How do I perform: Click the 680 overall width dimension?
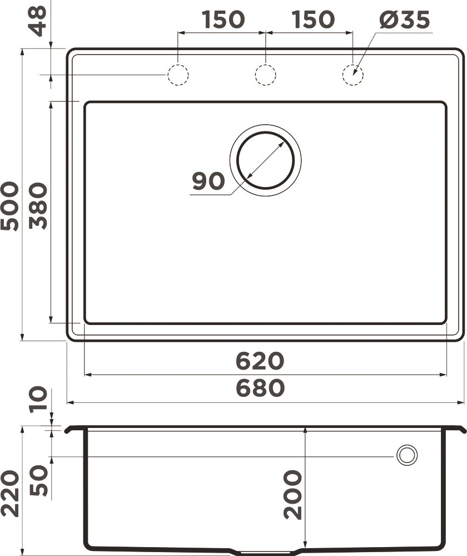point(260,388)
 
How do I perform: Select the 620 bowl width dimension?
point(260,361)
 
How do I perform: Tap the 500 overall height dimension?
point(9,206)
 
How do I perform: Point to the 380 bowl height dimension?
point(38,206)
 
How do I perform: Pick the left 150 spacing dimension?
point(222,20)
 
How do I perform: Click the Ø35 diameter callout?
point(405,20)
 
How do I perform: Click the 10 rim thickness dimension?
point(38,400)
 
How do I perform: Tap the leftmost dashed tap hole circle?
point(178,75)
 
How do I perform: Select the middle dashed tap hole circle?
point(265,75)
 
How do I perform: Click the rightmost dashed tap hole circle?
point(352,75)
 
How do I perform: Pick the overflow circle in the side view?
point(406,455)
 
